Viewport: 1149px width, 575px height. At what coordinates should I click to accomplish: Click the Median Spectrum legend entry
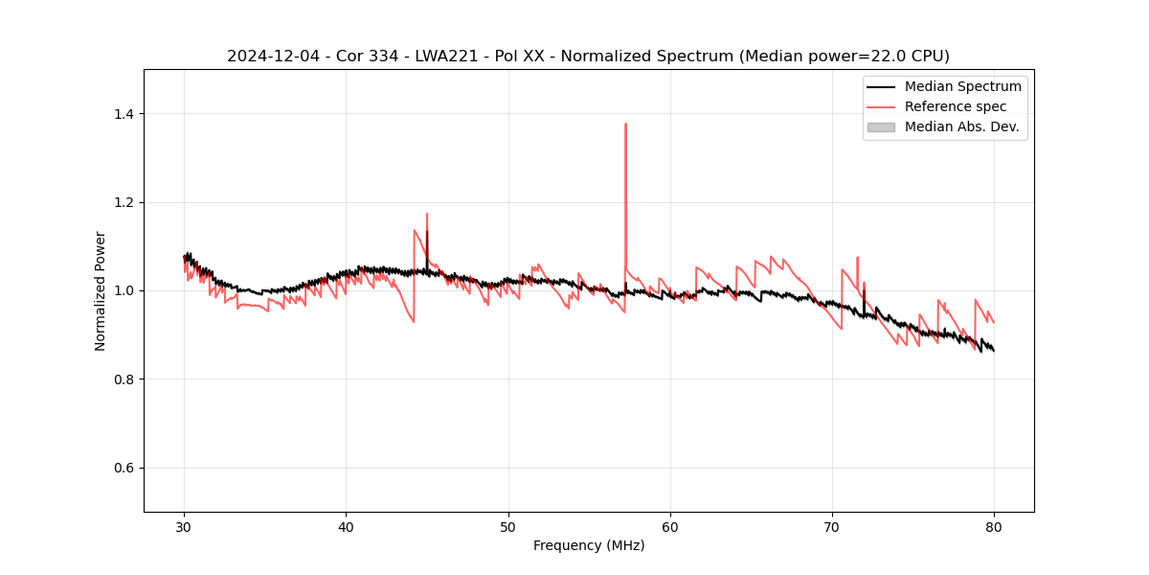pos(962,86)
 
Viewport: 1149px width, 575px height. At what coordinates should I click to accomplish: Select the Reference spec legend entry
pos(956,106)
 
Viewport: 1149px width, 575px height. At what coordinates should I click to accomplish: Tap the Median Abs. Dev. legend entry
pos(961,126)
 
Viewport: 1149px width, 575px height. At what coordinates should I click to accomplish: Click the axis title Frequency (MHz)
pos(589,545)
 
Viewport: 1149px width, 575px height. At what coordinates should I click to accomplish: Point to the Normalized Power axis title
pos(101,290)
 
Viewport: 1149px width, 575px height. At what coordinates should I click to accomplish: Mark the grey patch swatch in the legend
pos(881,126)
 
